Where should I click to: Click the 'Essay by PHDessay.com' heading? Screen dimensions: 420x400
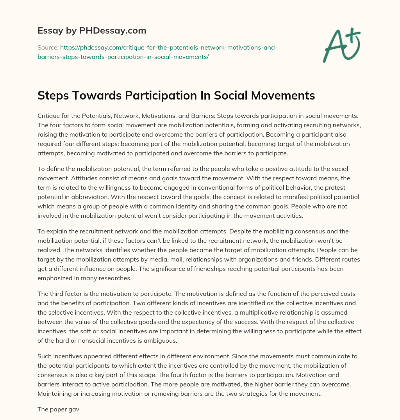click(92, 31)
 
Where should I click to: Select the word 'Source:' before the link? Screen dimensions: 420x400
click(48, 48)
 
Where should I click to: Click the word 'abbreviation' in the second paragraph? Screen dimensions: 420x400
click(108, 197)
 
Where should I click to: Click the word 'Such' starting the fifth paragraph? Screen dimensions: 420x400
click(44, 356)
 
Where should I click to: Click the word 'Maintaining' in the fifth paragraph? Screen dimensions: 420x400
click(55, 393)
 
